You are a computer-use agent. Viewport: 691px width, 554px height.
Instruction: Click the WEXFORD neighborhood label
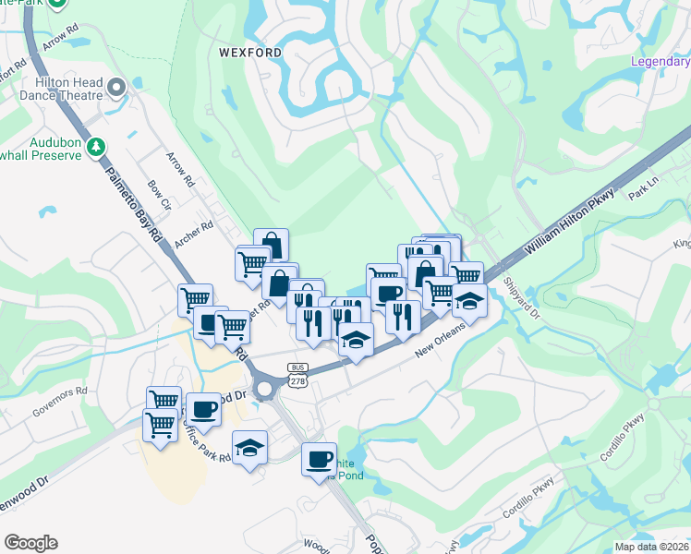click(250, 53)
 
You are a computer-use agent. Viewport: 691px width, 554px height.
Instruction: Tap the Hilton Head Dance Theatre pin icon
click(116, 89)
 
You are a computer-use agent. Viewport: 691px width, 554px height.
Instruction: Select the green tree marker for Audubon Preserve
click(95, 147)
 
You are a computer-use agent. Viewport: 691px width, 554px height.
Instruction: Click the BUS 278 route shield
click(297, 373)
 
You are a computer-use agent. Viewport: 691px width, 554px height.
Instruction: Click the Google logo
click(30, 543)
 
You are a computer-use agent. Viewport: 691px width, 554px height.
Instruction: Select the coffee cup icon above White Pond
click(320, 458)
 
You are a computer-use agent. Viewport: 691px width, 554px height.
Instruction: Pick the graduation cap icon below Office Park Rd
click(249, 448)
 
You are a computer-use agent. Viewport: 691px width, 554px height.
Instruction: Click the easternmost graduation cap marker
click(469, 301)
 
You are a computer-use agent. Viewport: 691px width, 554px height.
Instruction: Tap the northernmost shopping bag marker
click(271, 245)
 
